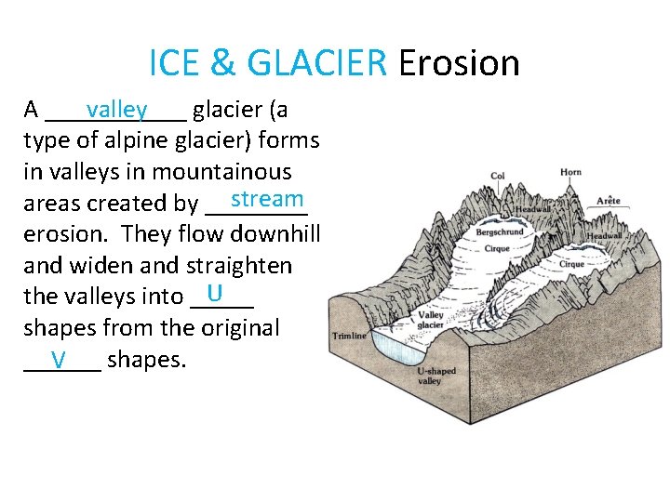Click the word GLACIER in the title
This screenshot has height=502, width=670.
(x=316, y=63)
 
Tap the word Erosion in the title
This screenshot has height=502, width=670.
(x=458, y=63)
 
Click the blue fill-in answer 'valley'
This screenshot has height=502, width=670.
(x=116, y=110)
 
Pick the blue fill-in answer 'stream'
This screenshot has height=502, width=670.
(x=268, y=199)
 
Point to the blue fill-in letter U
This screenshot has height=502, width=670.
(x=215, y=294)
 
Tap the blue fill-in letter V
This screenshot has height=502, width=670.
(x=59, y=360)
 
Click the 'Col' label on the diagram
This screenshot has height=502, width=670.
(x=498, y=176)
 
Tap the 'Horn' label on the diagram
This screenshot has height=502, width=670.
(x=570, y=172)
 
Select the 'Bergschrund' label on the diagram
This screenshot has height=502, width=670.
(x=498, y=231)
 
